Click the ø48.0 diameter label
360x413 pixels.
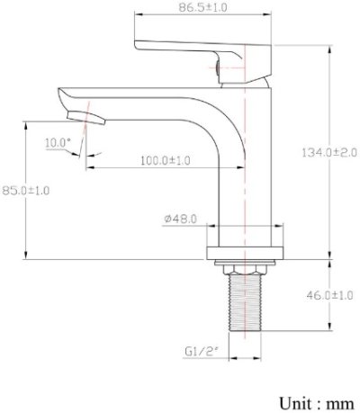pos(181,219)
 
